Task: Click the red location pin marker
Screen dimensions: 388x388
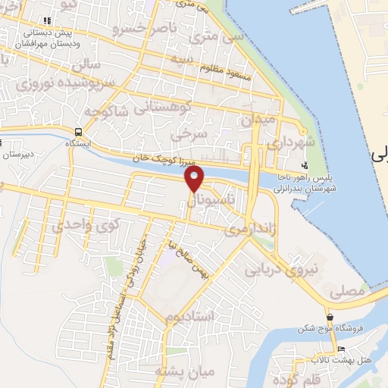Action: (x=195, y=180)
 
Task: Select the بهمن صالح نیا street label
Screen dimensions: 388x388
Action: (x=185, y=258)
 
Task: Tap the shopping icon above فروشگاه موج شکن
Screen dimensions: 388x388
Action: (x=329, y=318)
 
